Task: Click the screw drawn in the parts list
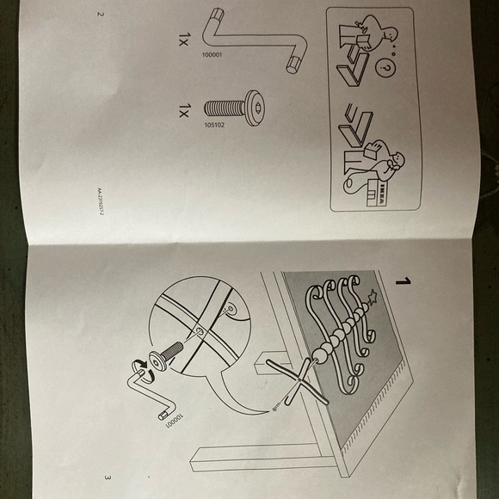pos(236,109)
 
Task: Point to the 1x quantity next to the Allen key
pos(184,39)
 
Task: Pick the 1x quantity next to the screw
pos(184,109)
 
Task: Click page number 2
pos(101,15)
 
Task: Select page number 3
pos(107,477)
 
